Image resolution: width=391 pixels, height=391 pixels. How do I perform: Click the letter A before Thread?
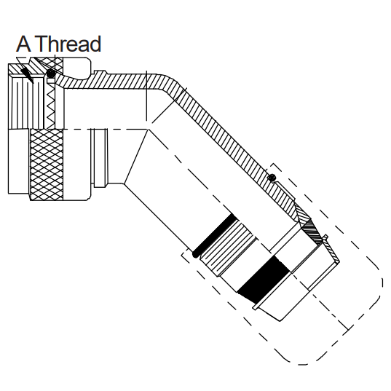tap(24, 44)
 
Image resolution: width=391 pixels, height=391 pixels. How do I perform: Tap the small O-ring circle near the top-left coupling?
tap(51, 74)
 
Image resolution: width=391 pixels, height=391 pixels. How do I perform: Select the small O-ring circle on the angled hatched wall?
tap(272, 177)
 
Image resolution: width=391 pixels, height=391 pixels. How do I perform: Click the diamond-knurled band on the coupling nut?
tap(47, 165)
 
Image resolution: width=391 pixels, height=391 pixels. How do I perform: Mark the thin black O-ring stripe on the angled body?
tap(214, 235)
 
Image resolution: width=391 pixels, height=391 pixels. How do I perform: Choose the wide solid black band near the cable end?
tap(264, 280)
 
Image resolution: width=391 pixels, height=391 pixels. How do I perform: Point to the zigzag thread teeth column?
tap(51, 106)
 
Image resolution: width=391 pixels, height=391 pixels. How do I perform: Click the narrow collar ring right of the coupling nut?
tap(100, 158)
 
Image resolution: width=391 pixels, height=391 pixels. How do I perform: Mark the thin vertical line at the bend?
tap(146, 96)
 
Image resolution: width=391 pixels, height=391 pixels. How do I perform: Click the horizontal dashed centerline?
tap(105, 129)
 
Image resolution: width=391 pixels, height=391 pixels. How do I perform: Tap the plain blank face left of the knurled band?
tap(19, 161)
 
